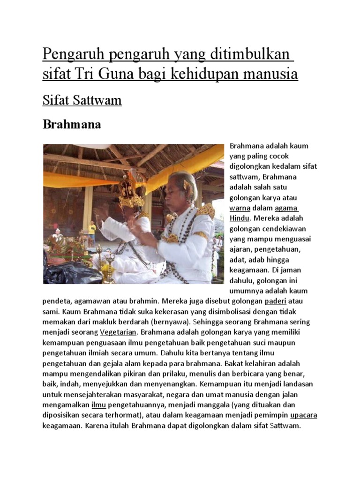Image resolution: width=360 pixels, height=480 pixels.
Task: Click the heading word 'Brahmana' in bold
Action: click(72, 125)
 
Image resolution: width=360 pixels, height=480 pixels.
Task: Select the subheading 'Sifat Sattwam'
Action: click(82, 100)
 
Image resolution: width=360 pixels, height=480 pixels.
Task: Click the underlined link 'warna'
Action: click(240, 208)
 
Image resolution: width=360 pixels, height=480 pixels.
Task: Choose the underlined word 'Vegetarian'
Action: click(118, 332)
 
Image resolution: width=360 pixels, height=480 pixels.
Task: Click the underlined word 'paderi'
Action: click(275, 301)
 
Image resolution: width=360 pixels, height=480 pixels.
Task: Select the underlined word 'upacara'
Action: click(304, 415)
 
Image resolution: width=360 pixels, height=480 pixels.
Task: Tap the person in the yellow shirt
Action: click(92, 230)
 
